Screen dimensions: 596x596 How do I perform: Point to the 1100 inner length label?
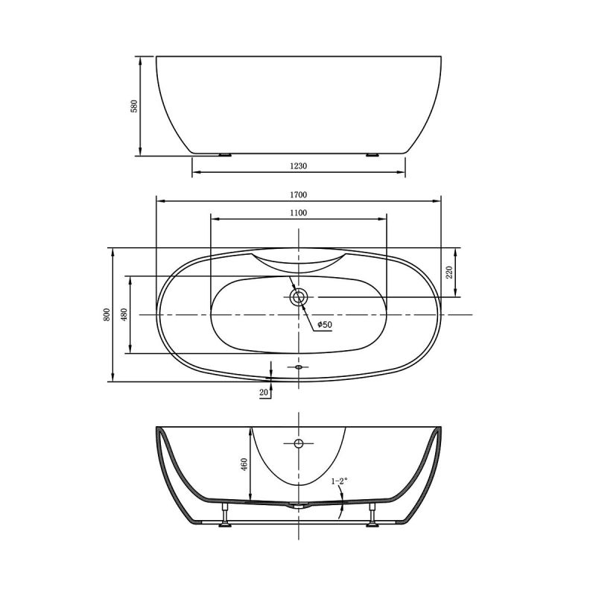click(299, 212)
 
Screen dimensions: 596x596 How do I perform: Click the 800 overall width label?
click(107, 314)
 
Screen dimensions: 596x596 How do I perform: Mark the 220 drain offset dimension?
click(449, 273)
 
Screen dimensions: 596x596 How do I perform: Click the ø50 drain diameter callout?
click(324, 325)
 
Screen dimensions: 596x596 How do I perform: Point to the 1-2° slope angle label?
click(340, 482)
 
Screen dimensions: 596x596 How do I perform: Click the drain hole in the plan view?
click(299, 297)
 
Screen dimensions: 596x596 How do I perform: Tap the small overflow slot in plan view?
click(299, 367)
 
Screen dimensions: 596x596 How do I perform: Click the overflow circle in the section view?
click(299, 444)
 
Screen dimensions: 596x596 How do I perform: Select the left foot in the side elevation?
click(224, 155)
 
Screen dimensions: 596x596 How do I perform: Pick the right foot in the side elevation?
click(372, 155)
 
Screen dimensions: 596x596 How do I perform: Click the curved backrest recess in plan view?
click(299, 261)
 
